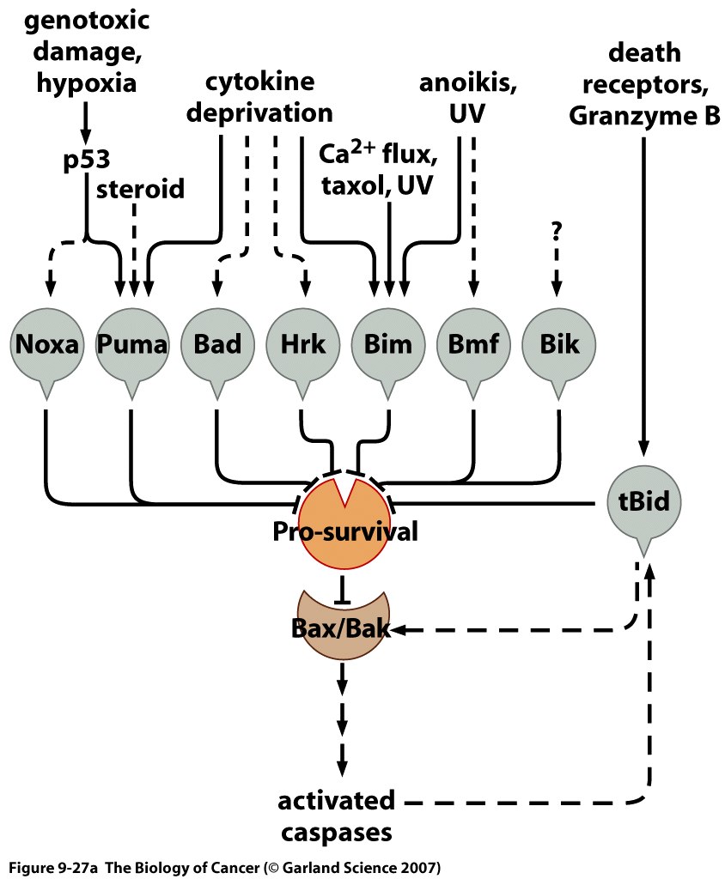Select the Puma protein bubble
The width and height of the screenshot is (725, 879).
click(131, 345)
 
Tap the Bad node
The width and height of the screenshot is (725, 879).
click(216, 345)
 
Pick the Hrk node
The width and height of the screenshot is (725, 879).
click(302, 345)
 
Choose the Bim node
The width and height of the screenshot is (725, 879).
click(388, 345)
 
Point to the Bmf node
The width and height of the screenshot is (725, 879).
click(473, 345)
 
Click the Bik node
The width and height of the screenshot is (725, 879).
click(559, 345)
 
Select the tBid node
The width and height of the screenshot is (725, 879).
click(646, 500)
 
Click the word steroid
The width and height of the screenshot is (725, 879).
click(140, 189)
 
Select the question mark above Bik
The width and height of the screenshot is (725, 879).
click(557, 231)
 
